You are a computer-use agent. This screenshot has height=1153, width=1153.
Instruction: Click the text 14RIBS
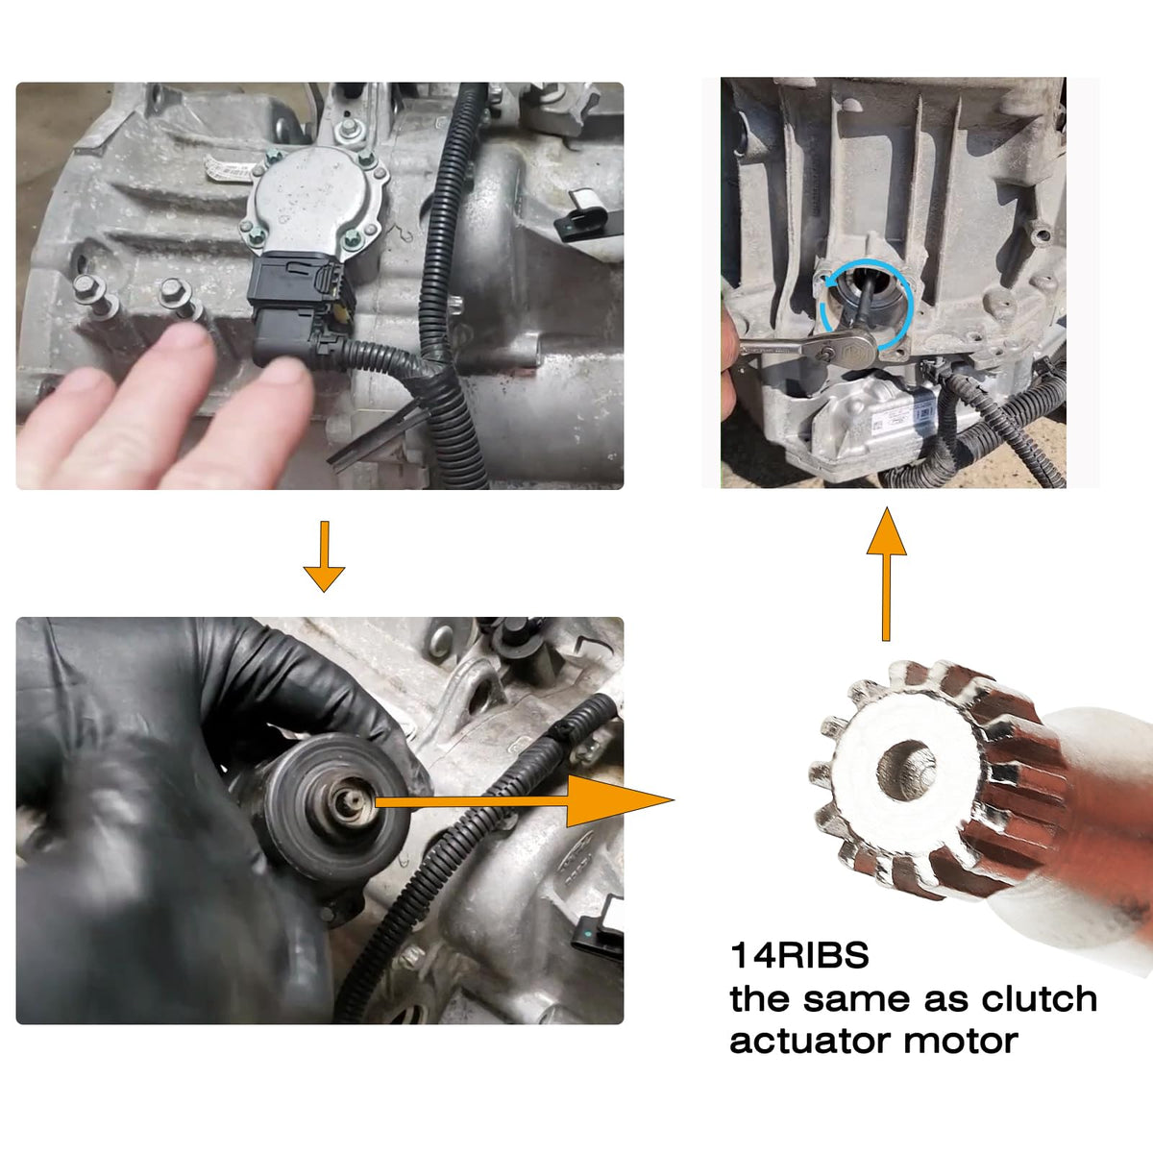point(798,955)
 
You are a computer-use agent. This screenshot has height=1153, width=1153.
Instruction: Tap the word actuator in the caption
point(811,1042)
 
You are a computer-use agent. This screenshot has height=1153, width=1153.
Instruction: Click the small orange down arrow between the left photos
point(325,556)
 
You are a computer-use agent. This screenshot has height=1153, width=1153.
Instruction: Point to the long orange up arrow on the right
point(886,574)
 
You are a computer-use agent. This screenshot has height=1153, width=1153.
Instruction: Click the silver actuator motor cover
point(316,197)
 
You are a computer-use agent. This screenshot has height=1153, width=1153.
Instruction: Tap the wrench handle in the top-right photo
point(778,349)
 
